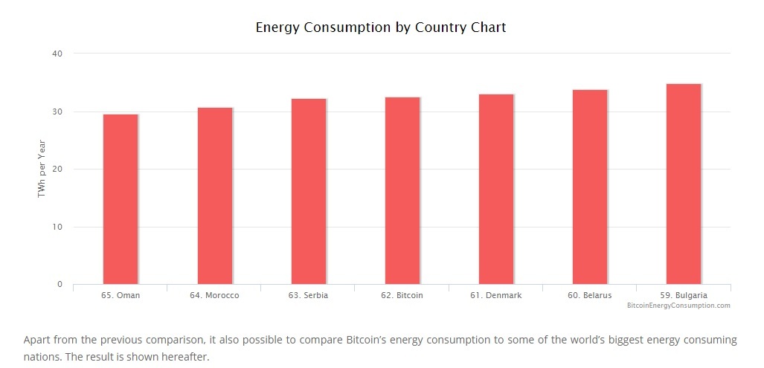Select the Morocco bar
pyautogui.click(x=214, y=196)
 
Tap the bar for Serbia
pyautogui.click(x=308, y=192)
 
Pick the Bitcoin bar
pyautogui.click(x=402, y=191)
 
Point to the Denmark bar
pyautogui.click(x=495, y=190)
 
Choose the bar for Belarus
pyautogui.click(x=589, y=187)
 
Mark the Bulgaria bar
pyautogui.click(x=683, y=184)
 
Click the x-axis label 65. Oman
pyautogui.click(x=120, y=295)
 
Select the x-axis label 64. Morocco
pyautogui.click(x=214, y=295)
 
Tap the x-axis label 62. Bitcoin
pyautogui.click(x=402, y=295)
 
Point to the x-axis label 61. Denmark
pyautogui.click(x=495, y=295)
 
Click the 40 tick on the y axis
pyautogui.click(x=58, y=54)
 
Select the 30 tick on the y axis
pyautogui.click(x=58, y=112)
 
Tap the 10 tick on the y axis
pyautogui.click(x=58, y=227)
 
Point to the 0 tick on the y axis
pyautogui.click(x=60, y=285)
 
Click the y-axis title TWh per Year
pyautogui.click(x=42, y=169)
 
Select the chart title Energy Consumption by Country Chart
pyautogui.click(x=381, y=28)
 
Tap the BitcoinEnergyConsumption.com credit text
pyautogui.click(x=678, y=306)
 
